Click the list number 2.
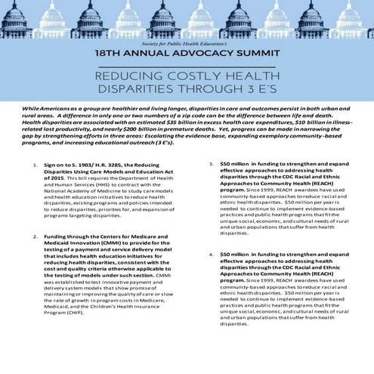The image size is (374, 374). [36, 236]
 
